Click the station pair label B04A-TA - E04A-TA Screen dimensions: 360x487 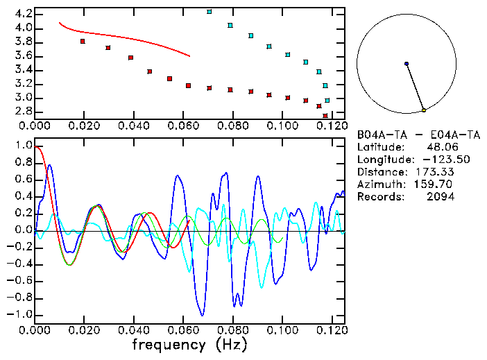click(418, 135)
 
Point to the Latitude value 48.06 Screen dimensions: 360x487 click(440, 147)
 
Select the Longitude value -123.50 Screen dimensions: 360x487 click(434, 160)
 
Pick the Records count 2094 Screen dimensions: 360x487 click(440, 197)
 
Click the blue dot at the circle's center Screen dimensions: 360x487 click(407, 64)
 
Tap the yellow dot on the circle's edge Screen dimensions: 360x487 click(424, 110)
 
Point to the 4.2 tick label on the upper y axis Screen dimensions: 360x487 click(23, 14)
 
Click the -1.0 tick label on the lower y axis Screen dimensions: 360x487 click(20, 314)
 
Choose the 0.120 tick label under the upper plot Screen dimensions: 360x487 click(332, 126)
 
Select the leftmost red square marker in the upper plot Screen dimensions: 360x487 click(83, 42)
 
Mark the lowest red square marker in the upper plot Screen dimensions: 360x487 click(325, 116)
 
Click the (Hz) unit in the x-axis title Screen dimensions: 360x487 click(232, 343)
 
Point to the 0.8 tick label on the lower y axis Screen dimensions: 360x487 click(23, 163)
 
